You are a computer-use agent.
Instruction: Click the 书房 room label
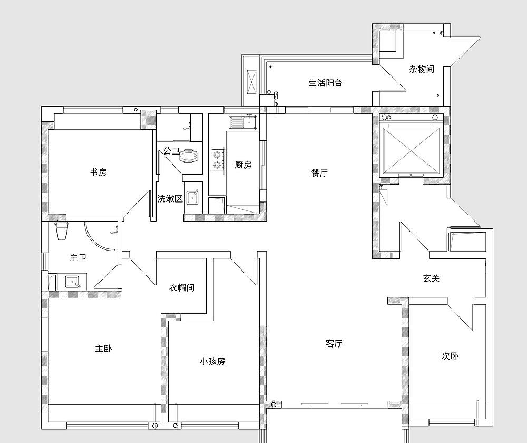99,172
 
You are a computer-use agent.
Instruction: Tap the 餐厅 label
320,173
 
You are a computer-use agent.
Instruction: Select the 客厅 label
334,344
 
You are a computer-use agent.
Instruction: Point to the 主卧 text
103,349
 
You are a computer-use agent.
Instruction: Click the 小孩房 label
212,361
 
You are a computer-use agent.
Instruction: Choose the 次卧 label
450,356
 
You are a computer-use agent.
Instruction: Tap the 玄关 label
431,278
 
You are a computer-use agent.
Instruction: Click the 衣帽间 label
182,287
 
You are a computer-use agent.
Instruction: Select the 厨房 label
243,165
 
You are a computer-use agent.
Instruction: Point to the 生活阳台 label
325,83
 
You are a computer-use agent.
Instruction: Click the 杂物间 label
422,69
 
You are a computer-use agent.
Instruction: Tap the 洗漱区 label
170,199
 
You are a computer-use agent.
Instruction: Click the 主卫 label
79,258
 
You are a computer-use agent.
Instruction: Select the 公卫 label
171,151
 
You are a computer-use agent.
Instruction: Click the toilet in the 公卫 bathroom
189,156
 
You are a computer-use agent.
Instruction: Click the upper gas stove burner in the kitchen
217,155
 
